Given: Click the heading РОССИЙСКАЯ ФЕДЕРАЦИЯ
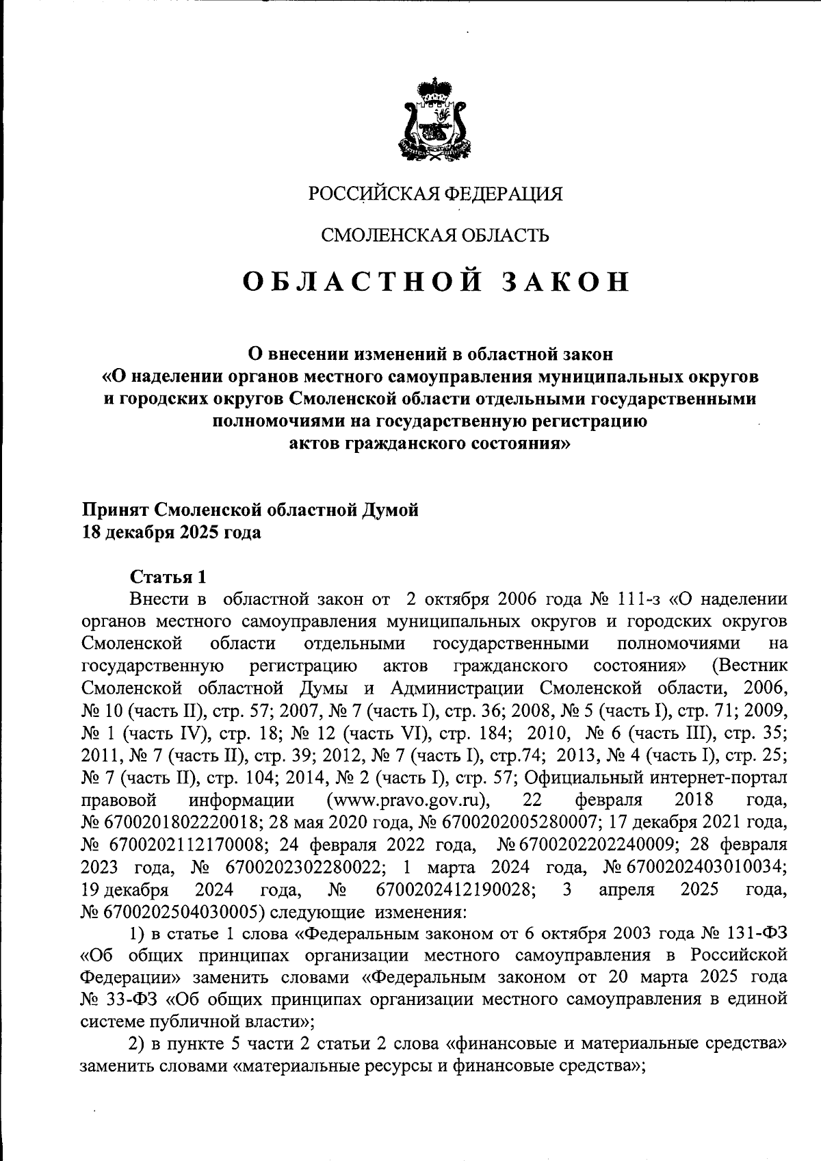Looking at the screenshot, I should [x=435, y=194].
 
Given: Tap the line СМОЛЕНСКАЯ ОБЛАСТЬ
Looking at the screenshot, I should [x=435, y=236].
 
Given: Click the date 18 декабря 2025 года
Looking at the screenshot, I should [x=172, y=532].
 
